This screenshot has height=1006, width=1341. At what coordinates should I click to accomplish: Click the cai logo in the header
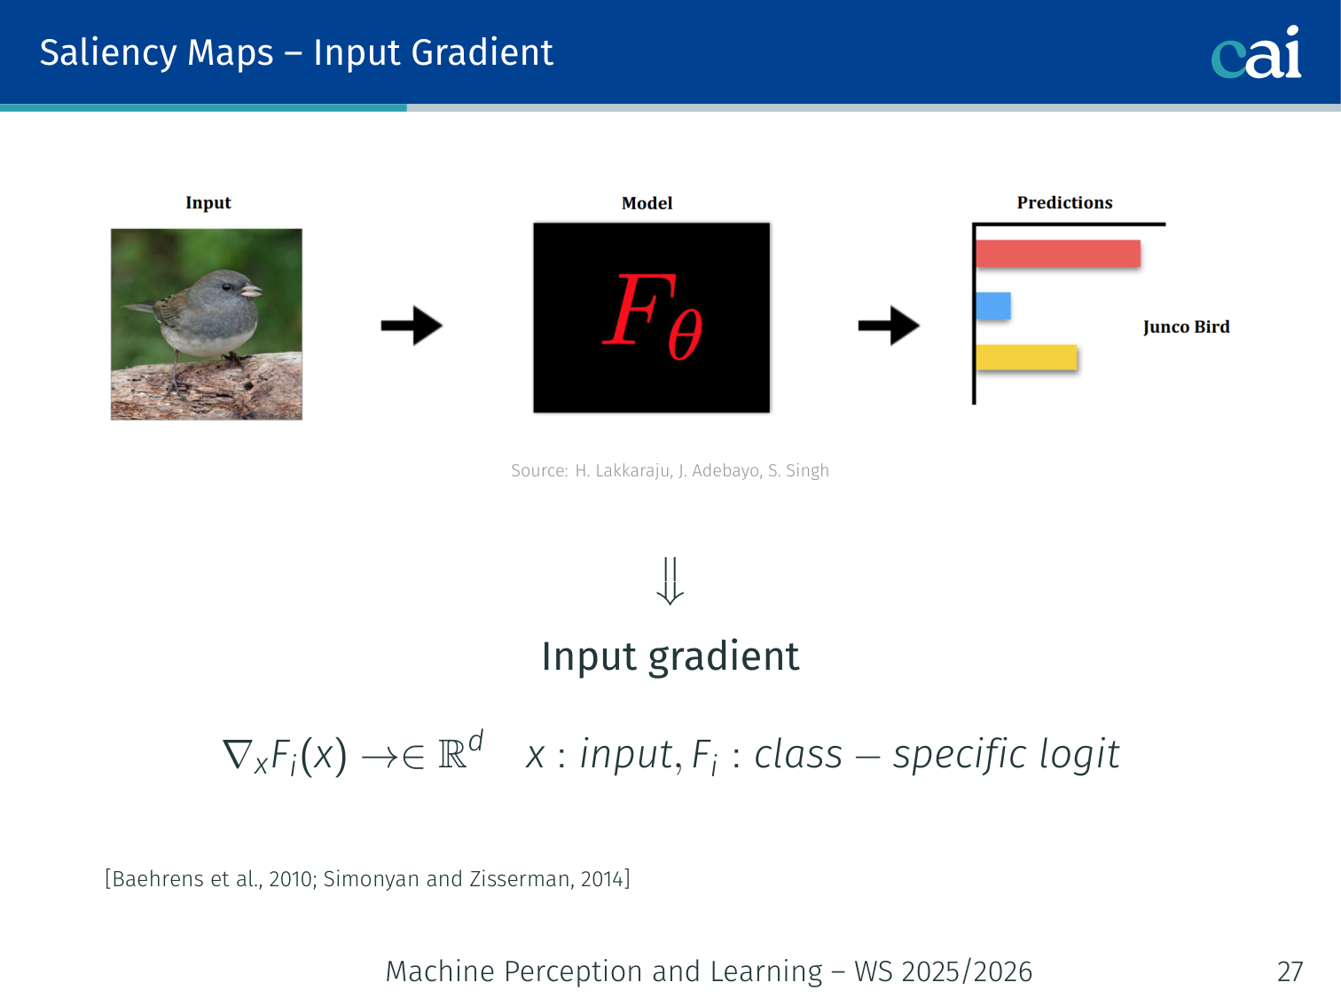[x=1256, y=52]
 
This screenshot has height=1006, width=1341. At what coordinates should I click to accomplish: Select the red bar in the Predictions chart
[x=1058, y=254]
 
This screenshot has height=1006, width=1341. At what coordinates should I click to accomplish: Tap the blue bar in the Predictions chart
[x=993, y=305]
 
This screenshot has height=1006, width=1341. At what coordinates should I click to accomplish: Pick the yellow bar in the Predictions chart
[x=1026, y=358]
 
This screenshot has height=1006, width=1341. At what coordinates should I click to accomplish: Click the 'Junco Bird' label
[x=1187, y=326]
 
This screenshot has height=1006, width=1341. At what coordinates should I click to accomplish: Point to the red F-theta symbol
[x=653, y=317]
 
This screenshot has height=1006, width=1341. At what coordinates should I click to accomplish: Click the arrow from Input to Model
[x=412, y=326]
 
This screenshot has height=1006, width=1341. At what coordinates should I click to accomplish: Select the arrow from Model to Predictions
[x=889, y=326]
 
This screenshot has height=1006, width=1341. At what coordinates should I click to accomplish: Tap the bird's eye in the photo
[x=227, y=287]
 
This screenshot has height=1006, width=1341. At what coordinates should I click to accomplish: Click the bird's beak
[x=250, y=291]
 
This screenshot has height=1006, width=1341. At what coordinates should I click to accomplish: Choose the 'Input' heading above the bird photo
[x=208, y=203]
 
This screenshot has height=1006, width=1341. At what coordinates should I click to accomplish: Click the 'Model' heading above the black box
[x=647, y=203]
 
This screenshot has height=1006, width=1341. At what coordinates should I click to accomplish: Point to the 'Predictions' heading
[x=1065, y=202]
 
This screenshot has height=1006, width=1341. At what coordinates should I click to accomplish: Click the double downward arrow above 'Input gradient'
[x=670, y=581]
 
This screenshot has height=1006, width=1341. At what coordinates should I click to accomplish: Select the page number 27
[x=1290, y=971]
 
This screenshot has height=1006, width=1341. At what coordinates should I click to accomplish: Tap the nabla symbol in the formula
[x=237, y=755]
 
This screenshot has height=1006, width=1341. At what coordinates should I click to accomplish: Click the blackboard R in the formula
[x=452, y=755]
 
